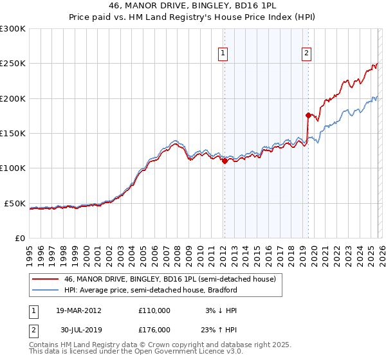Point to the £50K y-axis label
pyautogui.click(x=15, y=203)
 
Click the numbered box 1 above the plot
pyautogui.click(x=223, y=53)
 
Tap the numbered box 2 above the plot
pyautogui.click(x=307, y=53)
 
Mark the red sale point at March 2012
pyautogui.click(x=225, y=162)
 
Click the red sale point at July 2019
pyautogui.click(x=308, y=116)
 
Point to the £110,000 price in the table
pyautogui.click(x=154, y=310)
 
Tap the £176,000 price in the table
pyautogui.click(x=154, y=329)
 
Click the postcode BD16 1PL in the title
pyautogui.click(x=241, y=6)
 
